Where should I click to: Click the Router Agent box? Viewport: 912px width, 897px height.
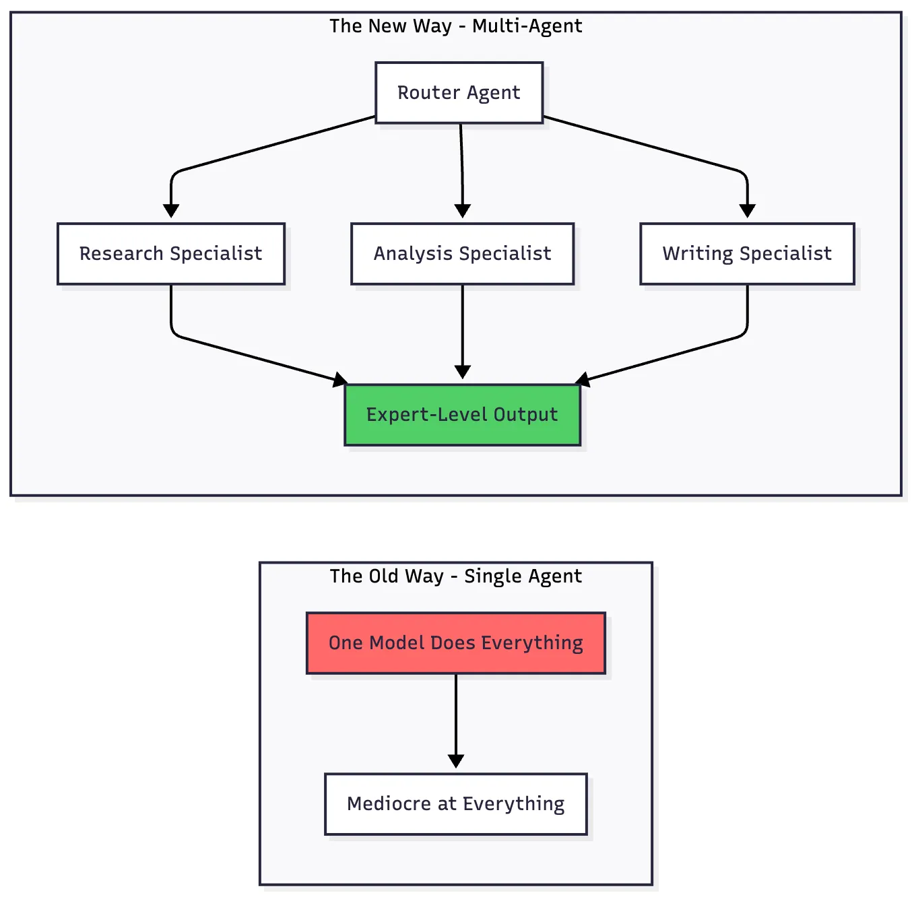click(459, 93)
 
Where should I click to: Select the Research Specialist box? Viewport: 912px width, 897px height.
click(171, 254)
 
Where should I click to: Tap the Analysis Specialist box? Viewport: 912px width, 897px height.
click(462, 254)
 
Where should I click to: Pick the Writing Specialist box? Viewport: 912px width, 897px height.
click(747, 254)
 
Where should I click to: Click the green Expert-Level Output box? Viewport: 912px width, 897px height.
click(462, 415)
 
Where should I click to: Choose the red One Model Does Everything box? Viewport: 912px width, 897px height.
click(456, 643)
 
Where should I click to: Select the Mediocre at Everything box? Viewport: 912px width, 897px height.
click(456, 804)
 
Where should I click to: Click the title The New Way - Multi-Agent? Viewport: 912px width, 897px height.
click(455, 26)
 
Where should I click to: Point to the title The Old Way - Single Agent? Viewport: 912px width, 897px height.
click(455, 576)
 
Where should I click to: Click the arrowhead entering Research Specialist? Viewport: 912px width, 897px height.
click(171, 211)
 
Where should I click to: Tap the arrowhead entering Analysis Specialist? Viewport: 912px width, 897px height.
click(462, 211)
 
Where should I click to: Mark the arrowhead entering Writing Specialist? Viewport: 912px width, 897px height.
click(747, 211)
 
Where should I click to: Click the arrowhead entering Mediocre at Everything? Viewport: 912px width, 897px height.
click(456, 761)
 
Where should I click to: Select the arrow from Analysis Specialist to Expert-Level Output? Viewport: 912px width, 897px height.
click(462, 330)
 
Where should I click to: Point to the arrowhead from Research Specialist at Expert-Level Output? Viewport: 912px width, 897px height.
click(340, 380)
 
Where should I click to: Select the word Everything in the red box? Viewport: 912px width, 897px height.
click(532, 643)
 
